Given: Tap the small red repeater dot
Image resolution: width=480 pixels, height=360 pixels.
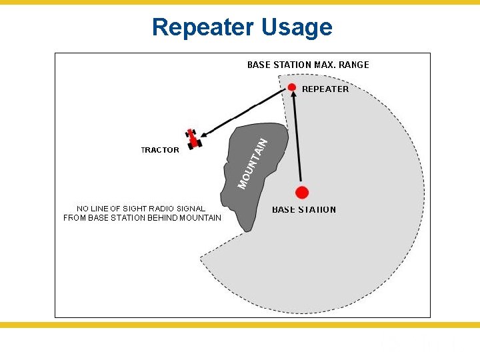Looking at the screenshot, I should click(292, 87).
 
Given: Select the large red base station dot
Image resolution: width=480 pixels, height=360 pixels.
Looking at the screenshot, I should click(302, 193).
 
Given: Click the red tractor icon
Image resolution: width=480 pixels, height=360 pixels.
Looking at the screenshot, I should click(194, 138).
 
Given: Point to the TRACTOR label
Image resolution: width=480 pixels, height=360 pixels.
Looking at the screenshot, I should click(160, 150).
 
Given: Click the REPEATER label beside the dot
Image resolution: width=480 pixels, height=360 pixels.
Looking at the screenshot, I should click(325, 89).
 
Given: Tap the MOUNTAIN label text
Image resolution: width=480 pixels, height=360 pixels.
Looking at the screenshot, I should click(254, 163).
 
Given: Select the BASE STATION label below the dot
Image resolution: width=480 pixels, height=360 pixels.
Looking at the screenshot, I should click(304, 210).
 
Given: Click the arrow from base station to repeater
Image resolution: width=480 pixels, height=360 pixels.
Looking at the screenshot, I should click(297, 140).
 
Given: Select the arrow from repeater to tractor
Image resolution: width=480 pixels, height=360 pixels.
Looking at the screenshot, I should click(247, 112).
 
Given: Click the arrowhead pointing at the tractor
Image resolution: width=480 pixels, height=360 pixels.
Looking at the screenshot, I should click(206, 134).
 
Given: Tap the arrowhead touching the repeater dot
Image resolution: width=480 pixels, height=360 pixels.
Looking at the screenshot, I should click(293, 97).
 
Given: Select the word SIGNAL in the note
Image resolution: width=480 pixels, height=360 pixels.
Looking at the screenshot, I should click(191, 209).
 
